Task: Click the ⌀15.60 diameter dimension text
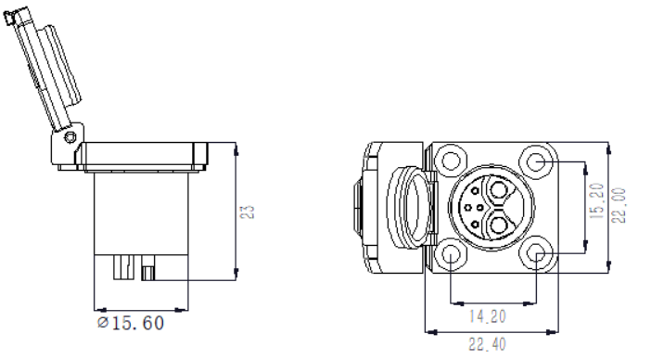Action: click(132, 324)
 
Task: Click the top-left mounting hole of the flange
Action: click(450, 161)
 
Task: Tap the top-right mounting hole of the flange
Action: click(535, 161)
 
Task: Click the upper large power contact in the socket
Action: click(502, 192)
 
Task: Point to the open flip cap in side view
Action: click(43, 74)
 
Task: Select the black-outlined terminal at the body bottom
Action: click(148, 273)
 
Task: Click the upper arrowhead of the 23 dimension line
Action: click(238, 147)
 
